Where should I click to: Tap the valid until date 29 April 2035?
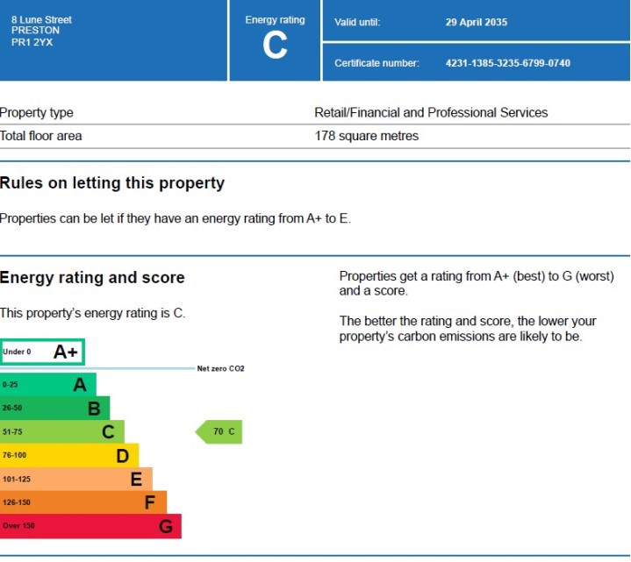pos(476,22)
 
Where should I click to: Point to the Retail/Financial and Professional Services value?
pos(431,113)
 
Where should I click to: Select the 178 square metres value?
pos(367,136)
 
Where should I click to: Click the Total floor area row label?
pos(41,136)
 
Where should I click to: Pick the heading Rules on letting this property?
pos(112,183)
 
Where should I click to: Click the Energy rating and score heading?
pos(92,278)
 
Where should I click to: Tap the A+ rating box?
pos(42,352)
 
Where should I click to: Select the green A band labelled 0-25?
pos(48,384)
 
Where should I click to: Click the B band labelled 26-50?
pos(54,408)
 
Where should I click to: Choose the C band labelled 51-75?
pos(61,431)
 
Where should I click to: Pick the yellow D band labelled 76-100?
pos(68,455)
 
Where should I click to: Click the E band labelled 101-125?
pos(75,479)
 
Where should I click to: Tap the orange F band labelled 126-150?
pos(82,502)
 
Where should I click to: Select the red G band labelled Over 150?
pos(90,526)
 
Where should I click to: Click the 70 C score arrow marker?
pos(219,431)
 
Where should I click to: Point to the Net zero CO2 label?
pos(220,369)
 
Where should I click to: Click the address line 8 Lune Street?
pos(41,19)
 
